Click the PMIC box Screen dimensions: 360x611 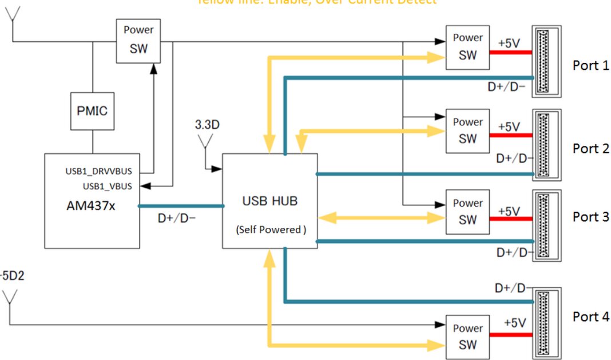click(92, 111)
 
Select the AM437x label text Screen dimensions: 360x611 click(91, 205)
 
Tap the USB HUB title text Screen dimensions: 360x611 click(269, 201)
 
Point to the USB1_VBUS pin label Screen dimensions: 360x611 click(108, 185)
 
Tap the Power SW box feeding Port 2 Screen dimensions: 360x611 click(467, 130)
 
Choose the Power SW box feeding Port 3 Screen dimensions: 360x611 click(467, 212)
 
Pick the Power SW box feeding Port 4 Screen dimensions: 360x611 click(467, 337)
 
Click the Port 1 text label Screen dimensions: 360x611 click(590, 65)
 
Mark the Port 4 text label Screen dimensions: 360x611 click(590, 317)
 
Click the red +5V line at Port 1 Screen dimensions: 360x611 click(510, 53)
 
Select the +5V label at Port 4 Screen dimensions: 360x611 click(515, 323)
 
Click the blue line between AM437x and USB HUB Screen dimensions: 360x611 click(181, 205)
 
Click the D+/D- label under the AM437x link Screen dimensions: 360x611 click(177, 217)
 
